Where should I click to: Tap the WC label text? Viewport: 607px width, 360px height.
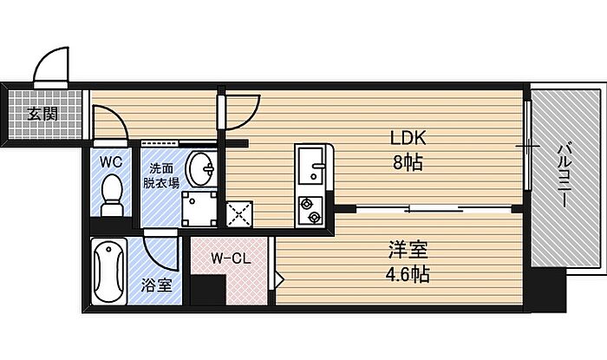110,162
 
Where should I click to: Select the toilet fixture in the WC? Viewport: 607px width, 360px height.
111,192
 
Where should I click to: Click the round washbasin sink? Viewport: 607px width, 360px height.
202,167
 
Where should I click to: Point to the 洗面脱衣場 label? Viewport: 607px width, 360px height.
162,175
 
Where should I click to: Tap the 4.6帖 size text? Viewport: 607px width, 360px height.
408,276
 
